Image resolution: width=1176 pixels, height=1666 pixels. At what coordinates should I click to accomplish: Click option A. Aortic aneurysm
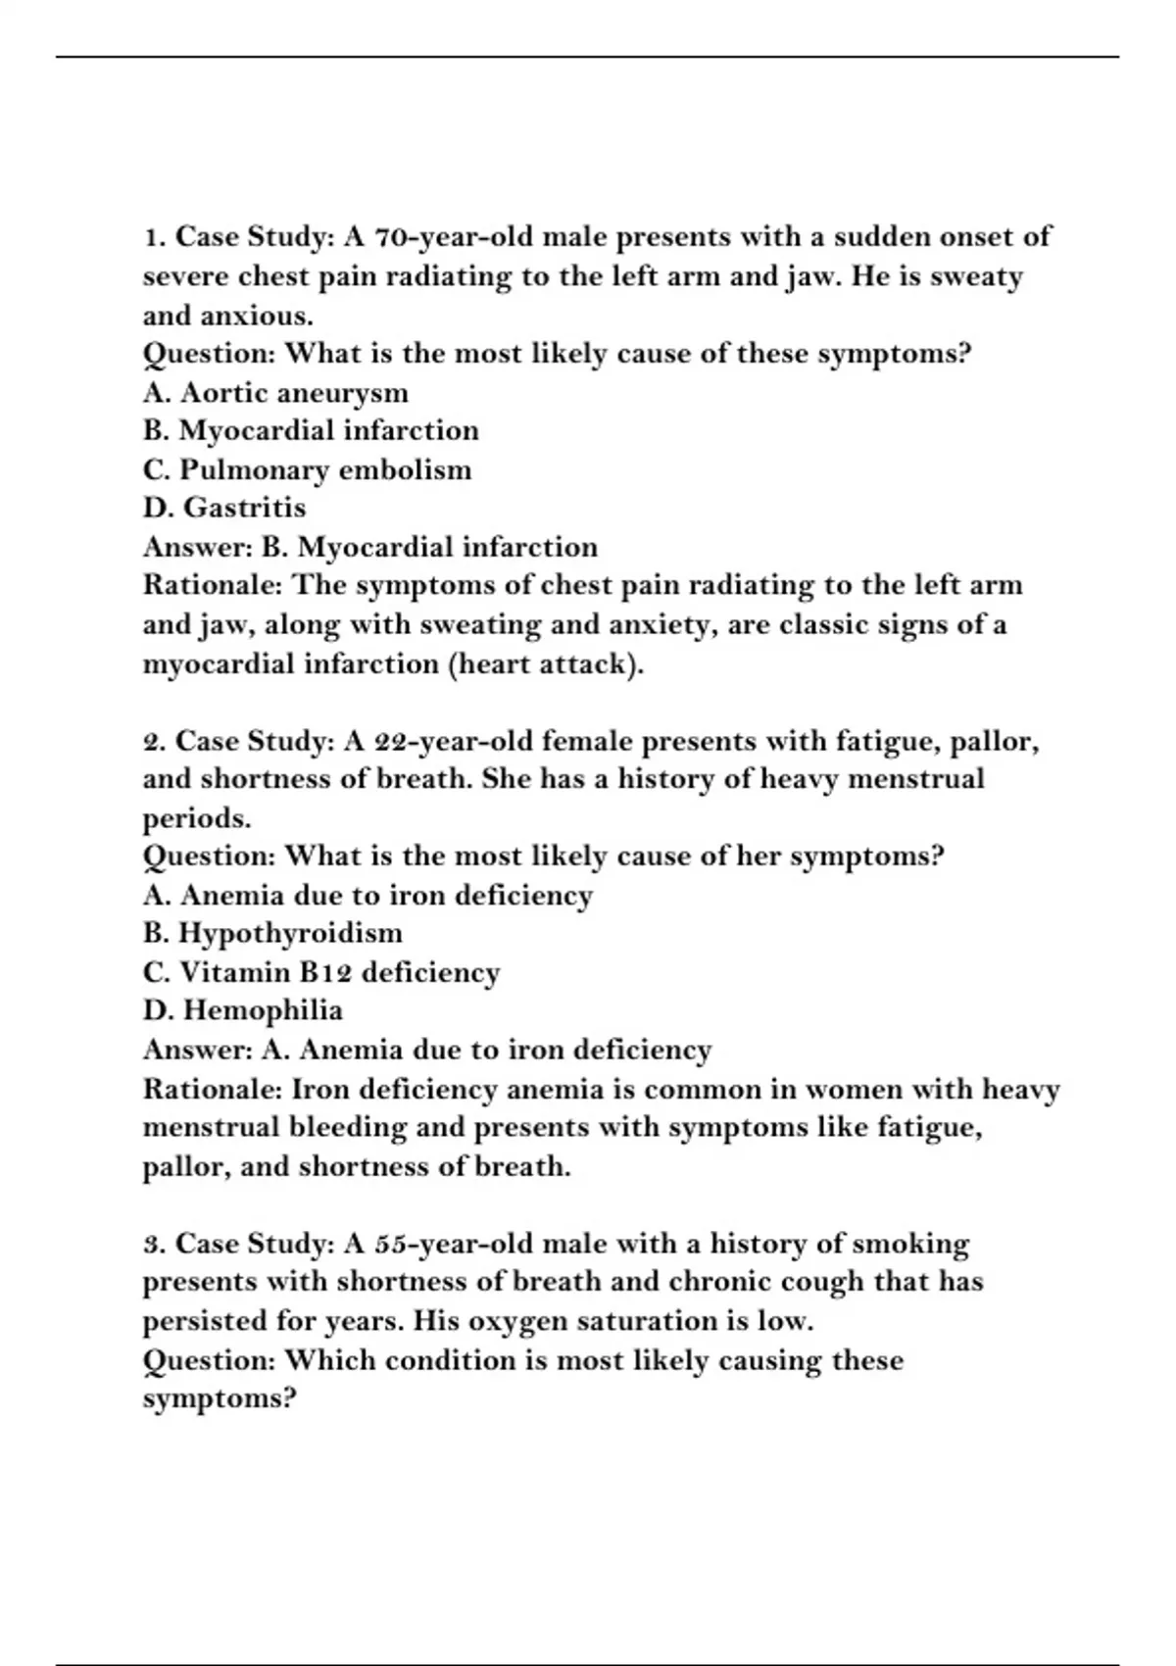[275, 393]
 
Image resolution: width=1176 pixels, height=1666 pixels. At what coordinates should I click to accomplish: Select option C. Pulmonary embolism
[307, 470]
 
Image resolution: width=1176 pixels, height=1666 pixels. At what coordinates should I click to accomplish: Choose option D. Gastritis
[224, 508]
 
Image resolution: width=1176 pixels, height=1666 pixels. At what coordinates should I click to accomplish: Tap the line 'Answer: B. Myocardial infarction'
[369, 547]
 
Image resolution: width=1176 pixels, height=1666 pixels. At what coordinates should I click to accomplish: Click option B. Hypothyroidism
[272, 933]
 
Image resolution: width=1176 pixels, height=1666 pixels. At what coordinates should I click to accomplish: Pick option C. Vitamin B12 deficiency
[321, 972]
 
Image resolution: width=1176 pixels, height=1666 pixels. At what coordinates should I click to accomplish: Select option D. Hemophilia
[243, 1010]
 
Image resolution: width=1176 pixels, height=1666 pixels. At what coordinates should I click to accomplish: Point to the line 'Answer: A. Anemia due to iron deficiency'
[427, 1050]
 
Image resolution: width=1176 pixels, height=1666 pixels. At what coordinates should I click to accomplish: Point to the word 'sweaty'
[975, 276]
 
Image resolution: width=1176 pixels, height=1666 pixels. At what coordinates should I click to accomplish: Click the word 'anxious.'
[257, 316]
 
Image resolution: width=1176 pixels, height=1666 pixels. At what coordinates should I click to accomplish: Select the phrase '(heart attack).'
[547, 664]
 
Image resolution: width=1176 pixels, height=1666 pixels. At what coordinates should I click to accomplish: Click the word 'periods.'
[197, 818]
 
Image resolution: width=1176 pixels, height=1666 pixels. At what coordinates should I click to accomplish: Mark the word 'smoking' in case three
[910, 1244]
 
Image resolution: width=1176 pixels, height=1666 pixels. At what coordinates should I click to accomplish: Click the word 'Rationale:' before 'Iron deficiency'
[213, 1089]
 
